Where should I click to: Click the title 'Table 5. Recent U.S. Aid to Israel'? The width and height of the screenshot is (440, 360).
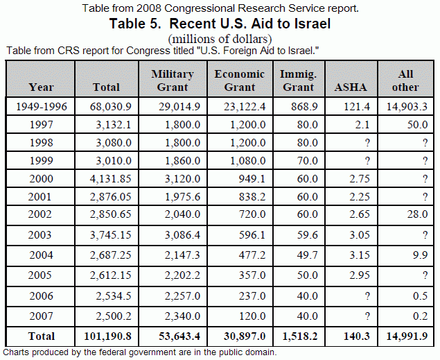coord(220,24)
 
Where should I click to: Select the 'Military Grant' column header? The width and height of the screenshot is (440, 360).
coord(172,80)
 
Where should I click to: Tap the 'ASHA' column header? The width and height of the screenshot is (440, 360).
coord(352,87)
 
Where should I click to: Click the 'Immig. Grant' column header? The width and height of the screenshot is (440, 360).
coord(299,80)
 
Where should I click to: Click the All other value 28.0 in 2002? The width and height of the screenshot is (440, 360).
coord(416,214)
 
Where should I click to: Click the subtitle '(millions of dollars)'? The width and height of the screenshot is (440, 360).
coord(220,39)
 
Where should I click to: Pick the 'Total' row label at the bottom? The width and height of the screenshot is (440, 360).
coord(41,336)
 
